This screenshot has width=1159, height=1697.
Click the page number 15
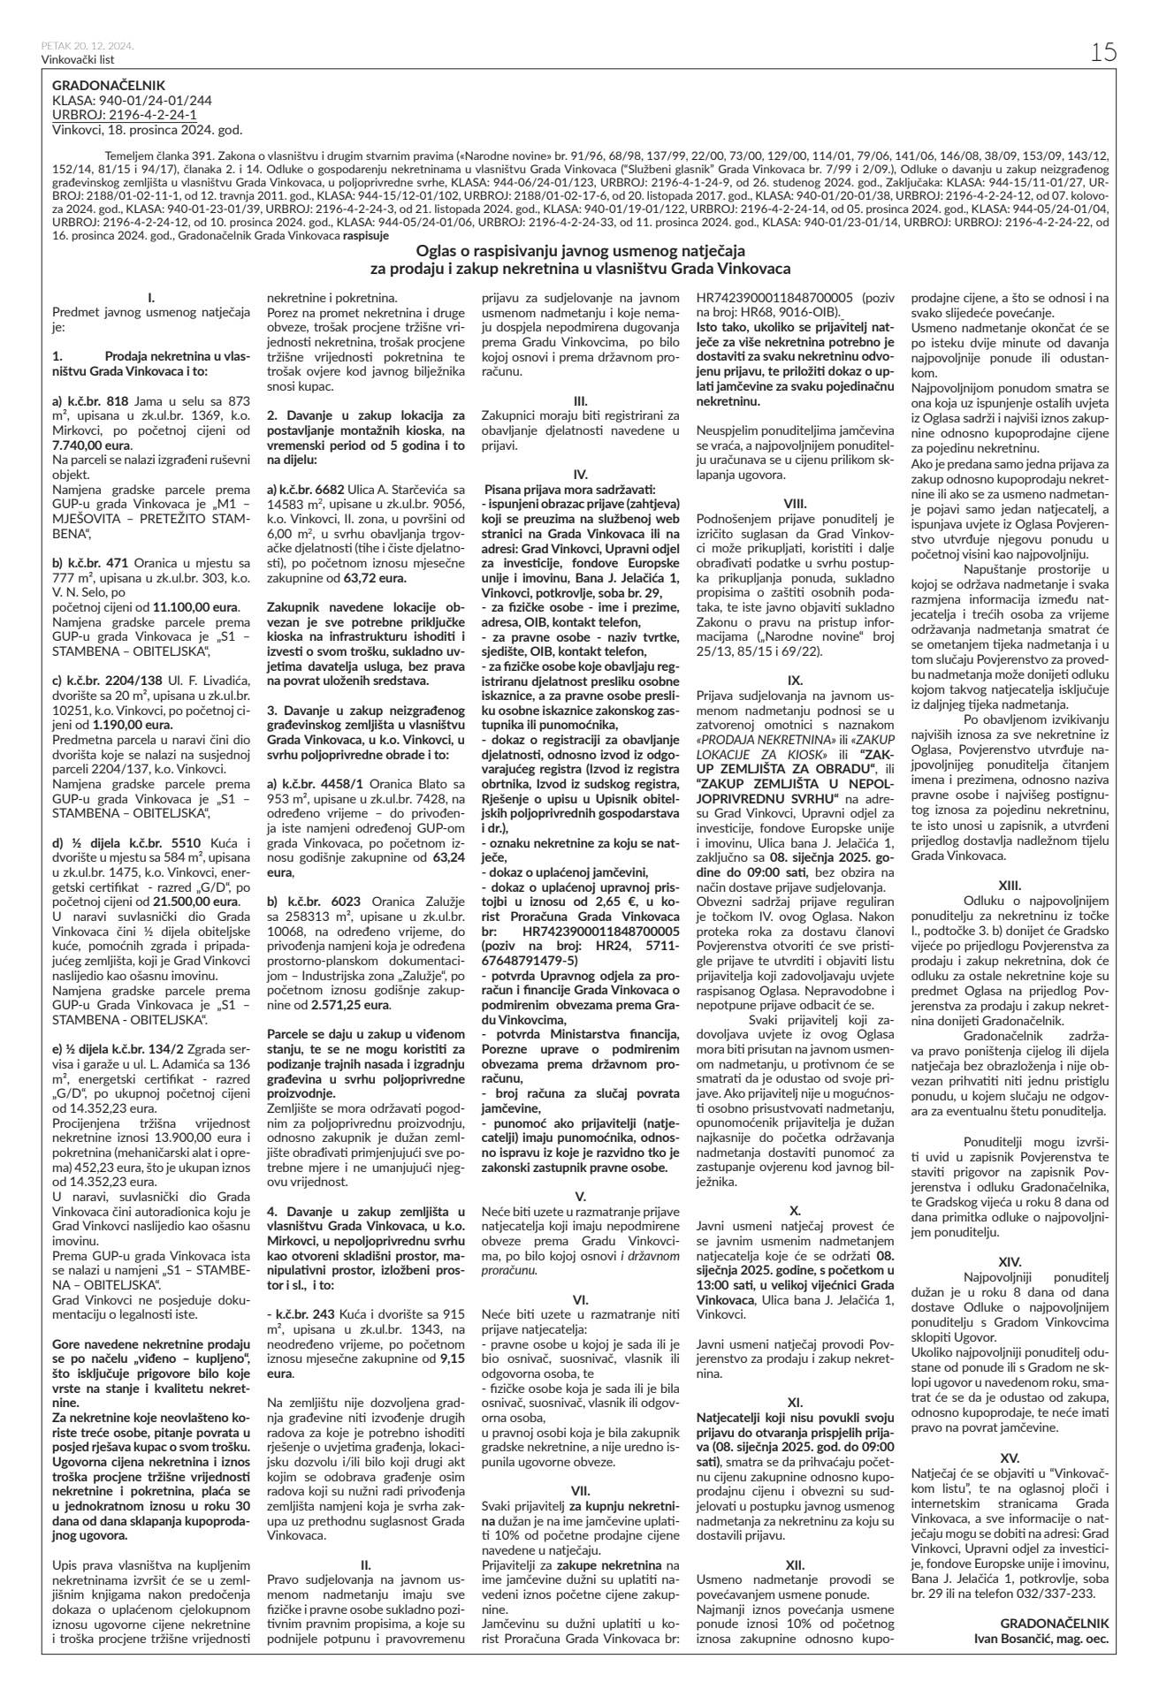coord(1104,52)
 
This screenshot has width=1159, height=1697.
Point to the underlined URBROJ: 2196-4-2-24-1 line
coord(125,115)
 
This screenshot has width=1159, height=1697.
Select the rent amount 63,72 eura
coord(379,578)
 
